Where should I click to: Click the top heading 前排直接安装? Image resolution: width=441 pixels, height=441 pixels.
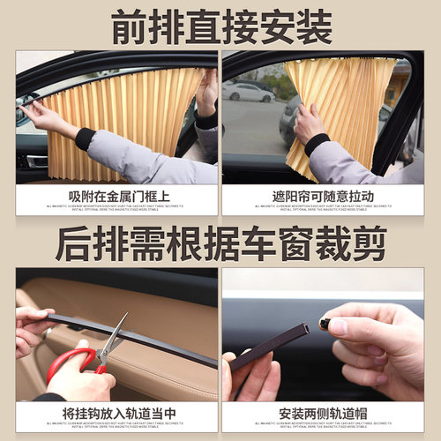pyautogui.click(x=220, y=26)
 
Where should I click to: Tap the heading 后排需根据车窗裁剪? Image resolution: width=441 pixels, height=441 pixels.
pyautogui.click(x=220, y=242)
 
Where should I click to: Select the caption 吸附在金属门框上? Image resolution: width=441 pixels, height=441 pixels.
pyautogui.click(x=116, y=195)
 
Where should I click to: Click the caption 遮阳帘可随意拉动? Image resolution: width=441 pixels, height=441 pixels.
pyautogui.click(x=323, y=195)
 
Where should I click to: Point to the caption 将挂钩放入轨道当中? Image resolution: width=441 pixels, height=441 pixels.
pyautogui.click(x=116, y=411)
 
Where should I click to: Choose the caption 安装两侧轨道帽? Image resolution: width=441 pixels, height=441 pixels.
pyautogui.click(x=323, y=411)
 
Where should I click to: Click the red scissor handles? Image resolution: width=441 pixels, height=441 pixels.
pyautogui.click(x=71, y=362)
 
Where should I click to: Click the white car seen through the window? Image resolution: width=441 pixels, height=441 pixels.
pyautogui.click(x=249, y=93)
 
